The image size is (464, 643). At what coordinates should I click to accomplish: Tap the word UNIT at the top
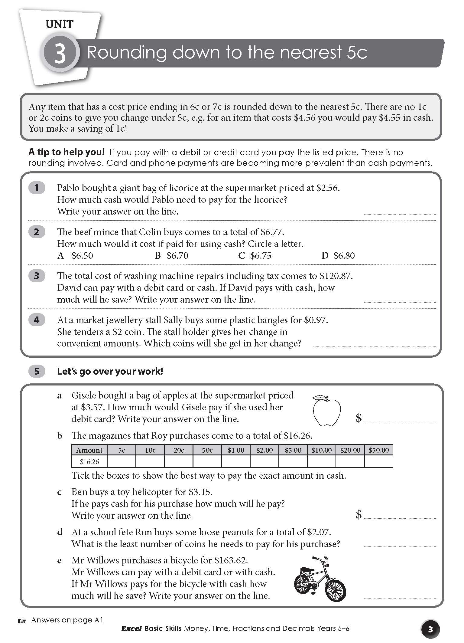tap(60, 24)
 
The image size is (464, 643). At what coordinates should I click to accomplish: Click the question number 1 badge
tap(37, 188)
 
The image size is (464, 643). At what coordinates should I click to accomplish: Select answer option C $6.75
tap(255, 256)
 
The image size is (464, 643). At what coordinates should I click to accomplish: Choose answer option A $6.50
tap(76, 256)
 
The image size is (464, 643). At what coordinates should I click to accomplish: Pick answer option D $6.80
tap(338, 256)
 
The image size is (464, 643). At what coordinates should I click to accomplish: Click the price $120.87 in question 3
tap(336, 276)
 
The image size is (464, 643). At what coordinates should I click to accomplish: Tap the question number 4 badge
tap(37, 320)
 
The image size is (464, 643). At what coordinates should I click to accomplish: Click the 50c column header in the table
tap(207, 450)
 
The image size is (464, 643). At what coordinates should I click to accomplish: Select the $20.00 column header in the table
tap(350, 450)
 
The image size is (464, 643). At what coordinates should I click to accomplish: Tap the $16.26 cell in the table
tap(89, 462)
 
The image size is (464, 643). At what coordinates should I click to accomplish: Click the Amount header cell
tap(89, 450)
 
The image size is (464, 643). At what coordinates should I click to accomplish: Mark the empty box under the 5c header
tap(122, 462)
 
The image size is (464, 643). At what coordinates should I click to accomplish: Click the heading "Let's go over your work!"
tap(110, 371)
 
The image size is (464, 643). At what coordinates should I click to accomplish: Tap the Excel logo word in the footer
tap(131, 629)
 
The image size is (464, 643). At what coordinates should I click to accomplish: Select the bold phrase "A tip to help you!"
tap(67, 152)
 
